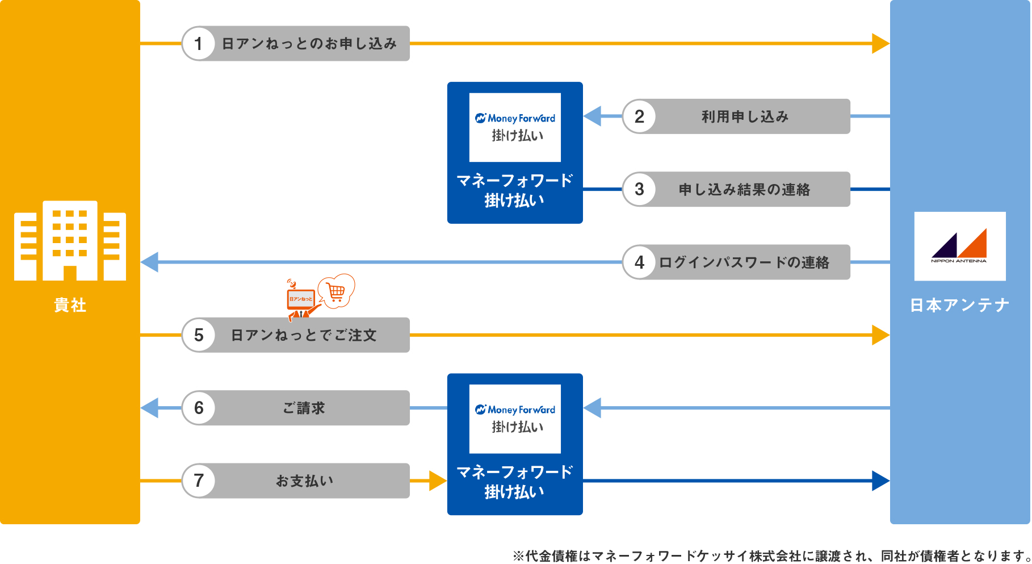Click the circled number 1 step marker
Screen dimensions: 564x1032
coord(198,44)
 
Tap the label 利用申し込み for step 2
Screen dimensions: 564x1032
coord(745,117)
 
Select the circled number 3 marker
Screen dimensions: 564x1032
coord(639,190)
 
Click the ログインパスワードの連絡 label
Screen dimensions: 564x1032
coord(744,262)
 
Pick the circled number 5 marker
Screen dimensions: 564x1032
coord(198,335)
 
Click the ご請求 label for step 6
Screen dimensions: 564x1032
coord(304,408)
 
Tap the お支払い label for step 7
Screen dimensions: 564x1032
coord(304,481)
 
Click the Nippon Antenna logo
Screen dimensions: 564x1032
coord(959,247)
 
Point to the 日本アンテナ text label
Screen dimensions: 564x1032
coord(959,306)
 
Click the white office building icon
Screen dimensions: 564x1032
coord(70,241)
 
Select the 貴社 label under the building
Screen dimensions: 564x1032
coord(70,306)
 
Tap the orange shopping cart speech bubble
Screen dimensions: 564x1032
coord(337,291)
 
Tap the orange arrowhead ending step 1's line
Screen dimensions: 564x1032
coord(880,44)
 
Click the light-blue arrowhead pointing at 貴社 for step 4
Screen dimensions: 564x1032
coord(150,262)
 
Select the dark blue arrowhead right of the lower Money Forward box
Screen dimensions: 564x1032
coord(880,481)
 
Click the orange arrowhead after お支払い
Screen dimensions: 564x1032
coord(438,481)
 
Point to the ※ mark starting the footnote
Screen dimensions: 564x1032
coord(518,556)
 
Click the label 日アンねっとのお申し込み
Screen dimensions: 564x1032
coord(309,44)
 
